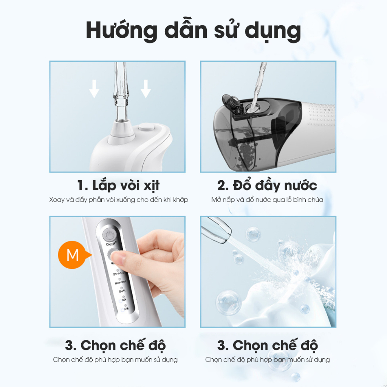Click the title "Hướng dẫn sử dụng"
193,31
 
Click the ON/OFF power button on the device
109,235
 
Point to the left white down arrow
94,89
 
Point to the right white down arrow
146,89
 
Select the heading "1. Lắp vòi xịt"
118,186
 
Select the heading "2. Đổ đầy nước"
267,186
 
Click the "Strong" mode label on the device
118,273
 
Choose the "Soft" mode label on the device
122,291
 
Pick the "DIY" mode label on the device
124,300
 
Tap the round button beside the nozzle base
146,127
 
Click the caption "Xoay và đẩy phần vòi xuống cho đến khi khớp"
119,200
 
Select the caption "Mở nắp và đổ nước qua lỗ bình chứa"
267,200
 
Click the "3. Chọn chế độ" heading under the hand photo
116,345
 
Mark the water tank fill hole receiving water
253,107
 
